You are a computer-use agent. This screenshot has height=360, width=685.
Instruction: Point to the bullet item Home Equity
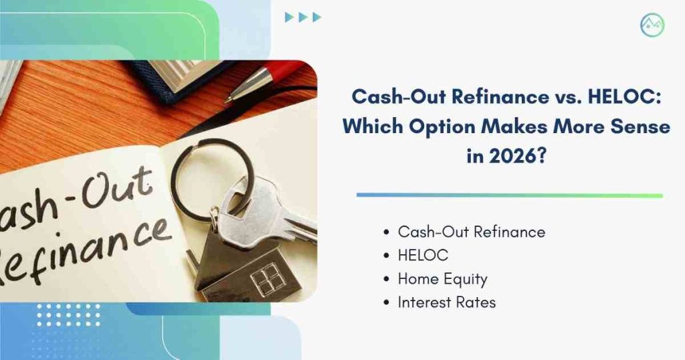coord(443,279)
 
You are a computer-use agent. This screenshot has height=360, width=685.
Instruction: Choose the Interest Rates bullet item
coord(446,302)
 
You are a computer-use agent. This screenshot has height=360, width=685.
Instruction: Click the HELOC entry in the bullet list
coord(423,255)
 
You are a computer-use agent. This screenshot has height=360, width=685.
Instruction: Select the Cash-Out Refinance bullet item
coord(472,232)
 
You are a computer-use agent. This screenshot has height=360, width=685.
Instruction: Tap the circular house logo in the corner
coord(652,25)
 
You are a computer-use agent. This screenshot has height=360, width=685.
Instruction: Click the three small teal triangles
coord(303,17)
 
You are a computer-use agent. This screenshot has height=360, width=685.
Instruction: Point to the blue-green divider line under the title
coord(510,195)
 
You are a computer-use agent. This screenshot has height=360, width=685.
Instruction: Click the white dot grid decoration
coord(69,315)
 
